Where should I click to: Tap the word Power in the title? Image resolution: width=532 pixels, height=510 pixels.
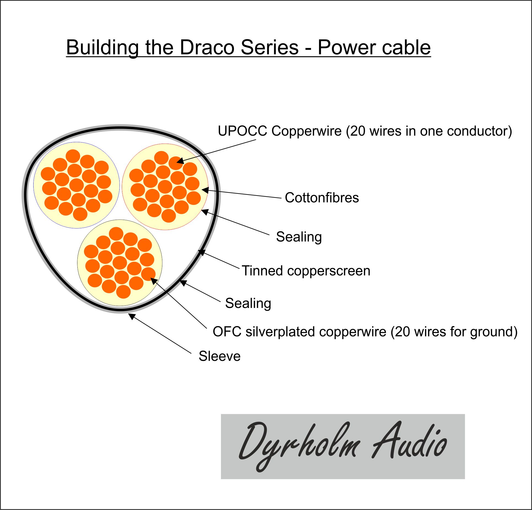coord(347,47)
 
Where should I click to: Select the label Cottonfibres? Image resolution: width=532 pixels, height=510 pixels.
coord(322,198)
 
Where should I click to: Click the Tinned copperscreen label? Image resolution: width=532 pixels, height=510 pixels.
coord(306,271)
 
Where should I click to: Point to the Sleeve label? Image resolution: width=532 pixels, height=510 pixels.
coord(220,356)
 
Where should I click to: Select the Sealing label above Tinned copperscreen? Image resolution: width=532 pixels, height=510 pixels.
coord(299,237)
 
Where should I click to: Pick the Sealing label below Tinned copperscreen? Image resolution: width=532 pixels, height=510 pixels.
coord(248,303)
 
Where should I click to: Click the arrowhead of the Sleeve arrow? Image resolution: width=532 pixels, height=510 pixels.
coord(132,316)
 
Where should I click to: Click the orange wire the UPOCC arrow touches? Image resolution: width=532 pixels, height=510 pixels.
coord(175,163)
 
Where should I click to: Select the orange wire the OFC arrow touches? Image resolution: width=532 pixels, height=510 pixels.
coord(148,275)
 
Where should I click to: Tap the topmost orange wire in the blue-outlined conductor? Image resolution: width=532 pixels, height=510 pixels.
coord(73,156)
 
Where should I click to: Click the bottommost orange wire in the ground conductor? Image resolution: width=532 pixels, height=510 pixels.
coord(123,292)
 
